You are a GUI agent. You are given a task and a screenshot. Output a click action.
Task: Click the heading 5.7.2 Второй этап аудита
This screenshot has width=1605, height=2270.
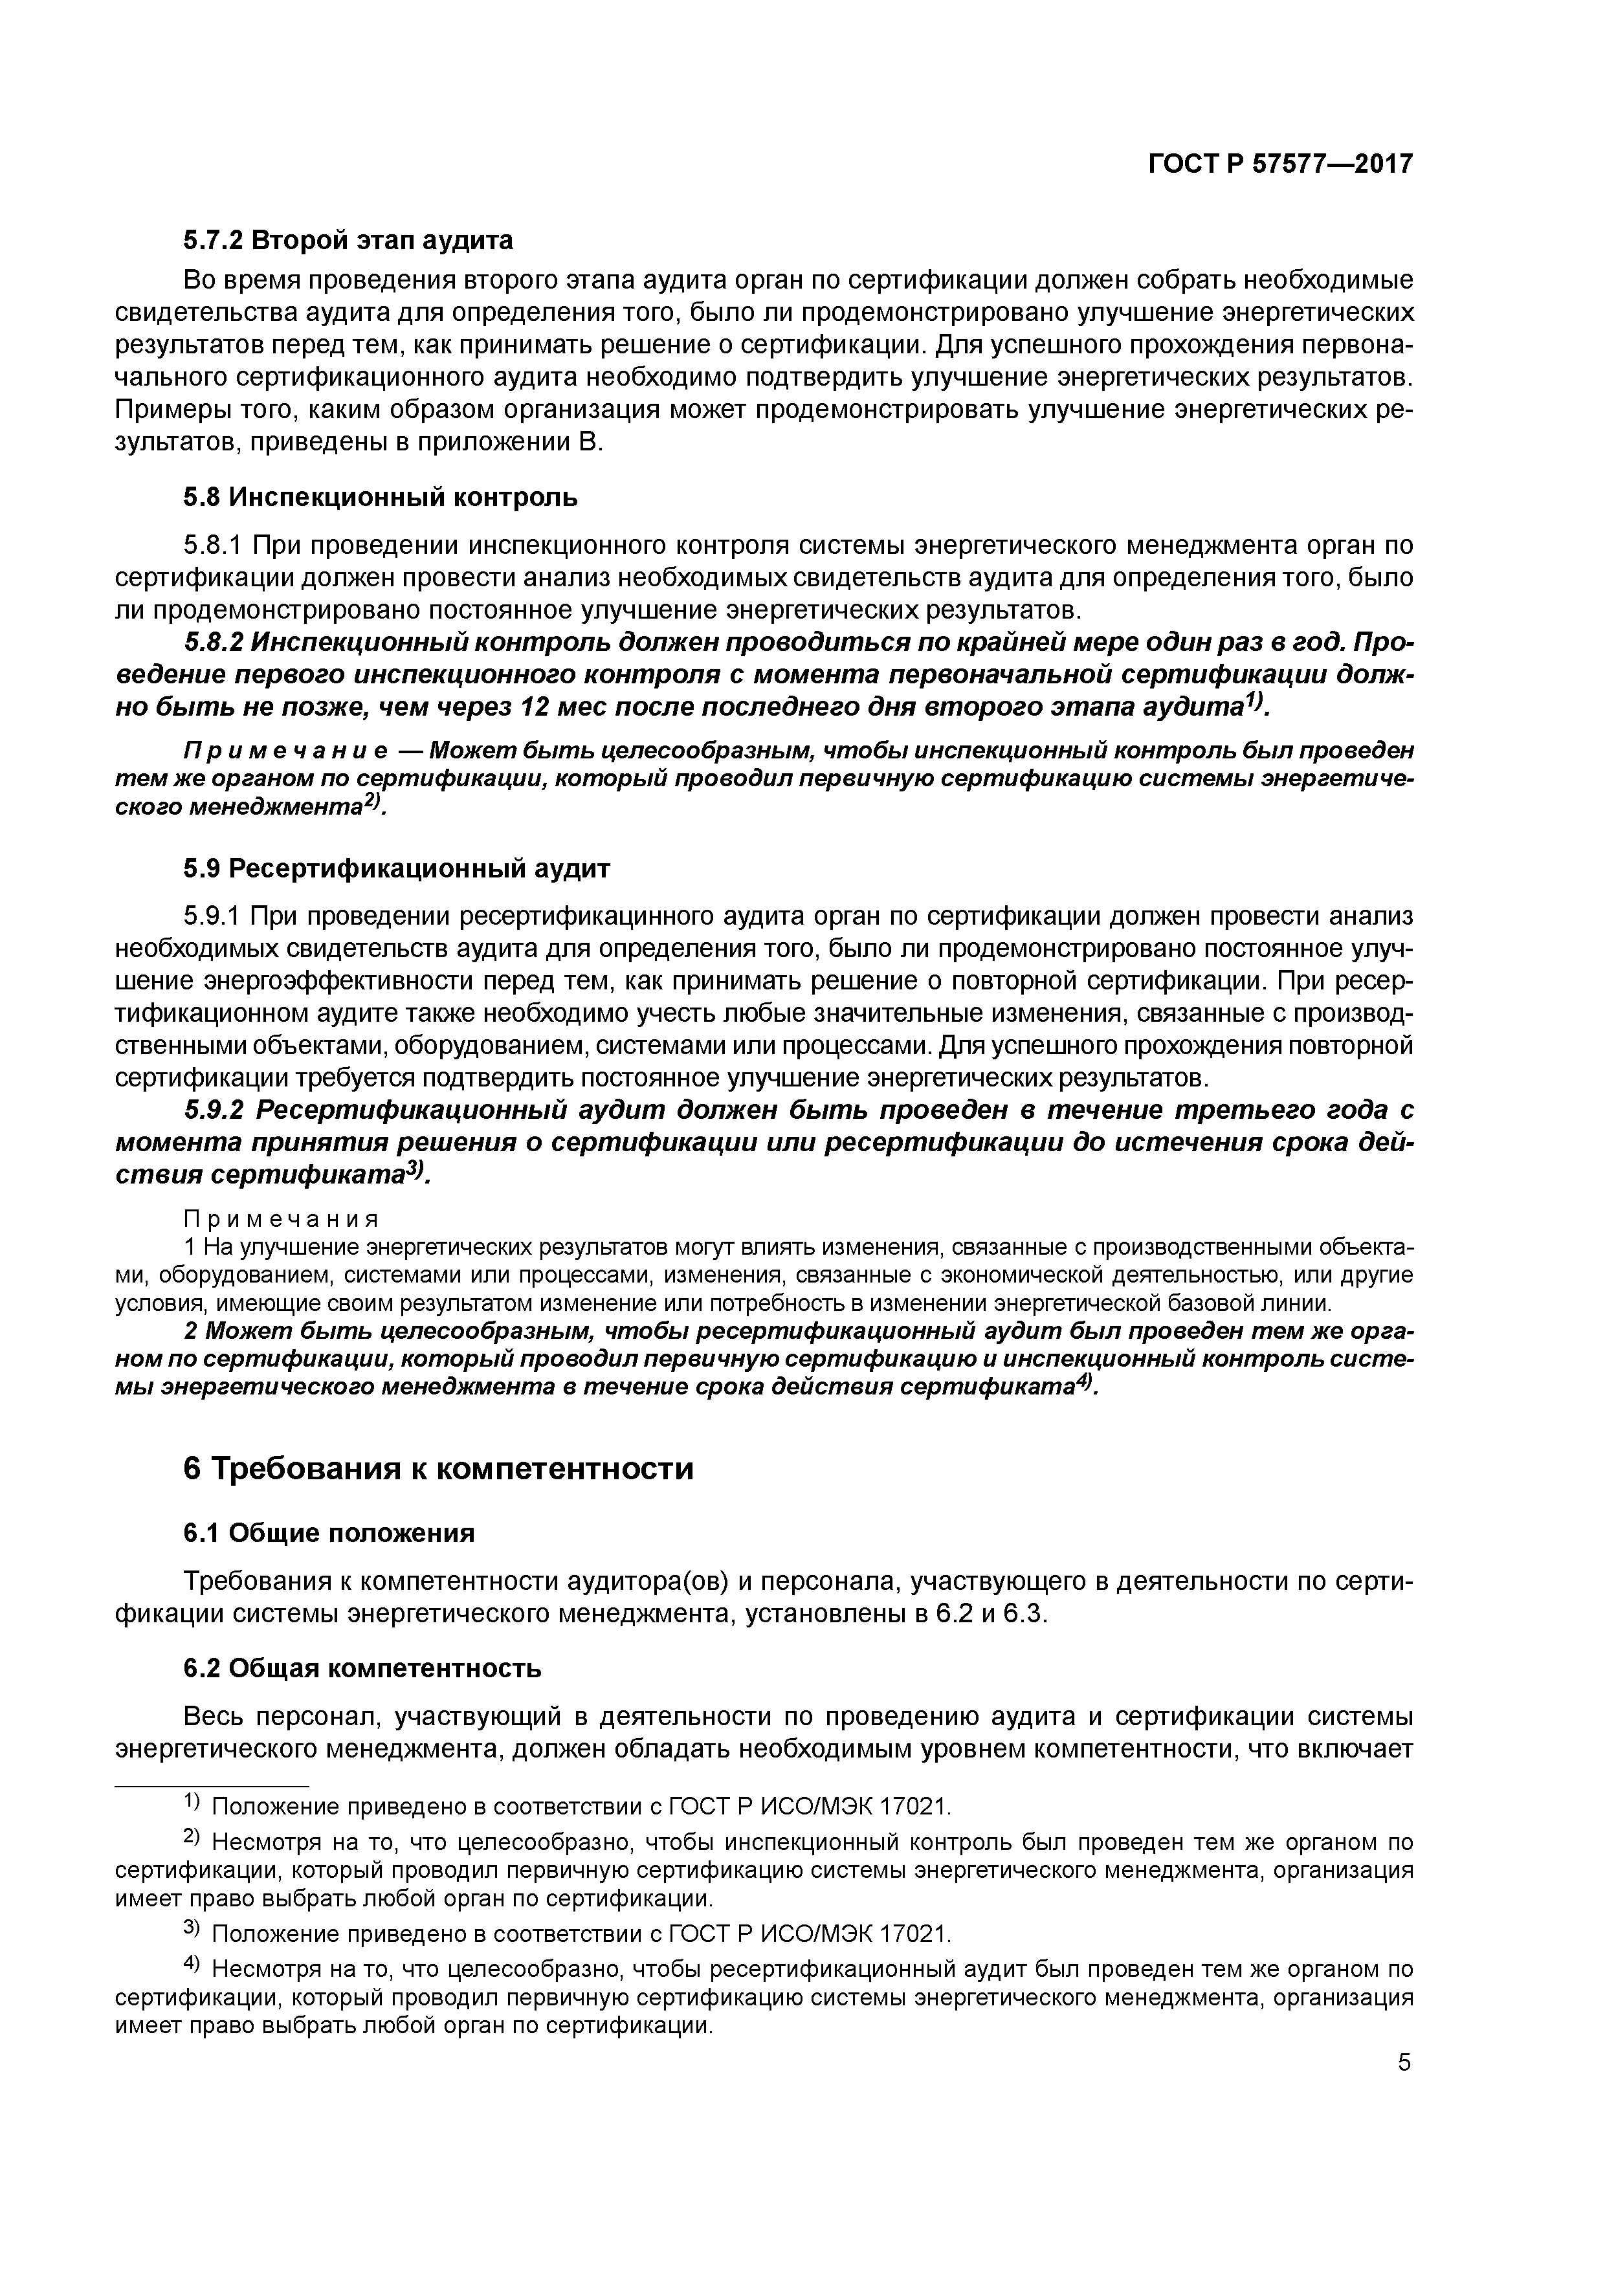(x=348, y=240)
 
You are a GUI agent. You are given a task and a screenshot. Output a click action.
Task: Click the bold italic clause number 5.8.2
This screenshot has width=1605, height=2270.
(x=214, y=643)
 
